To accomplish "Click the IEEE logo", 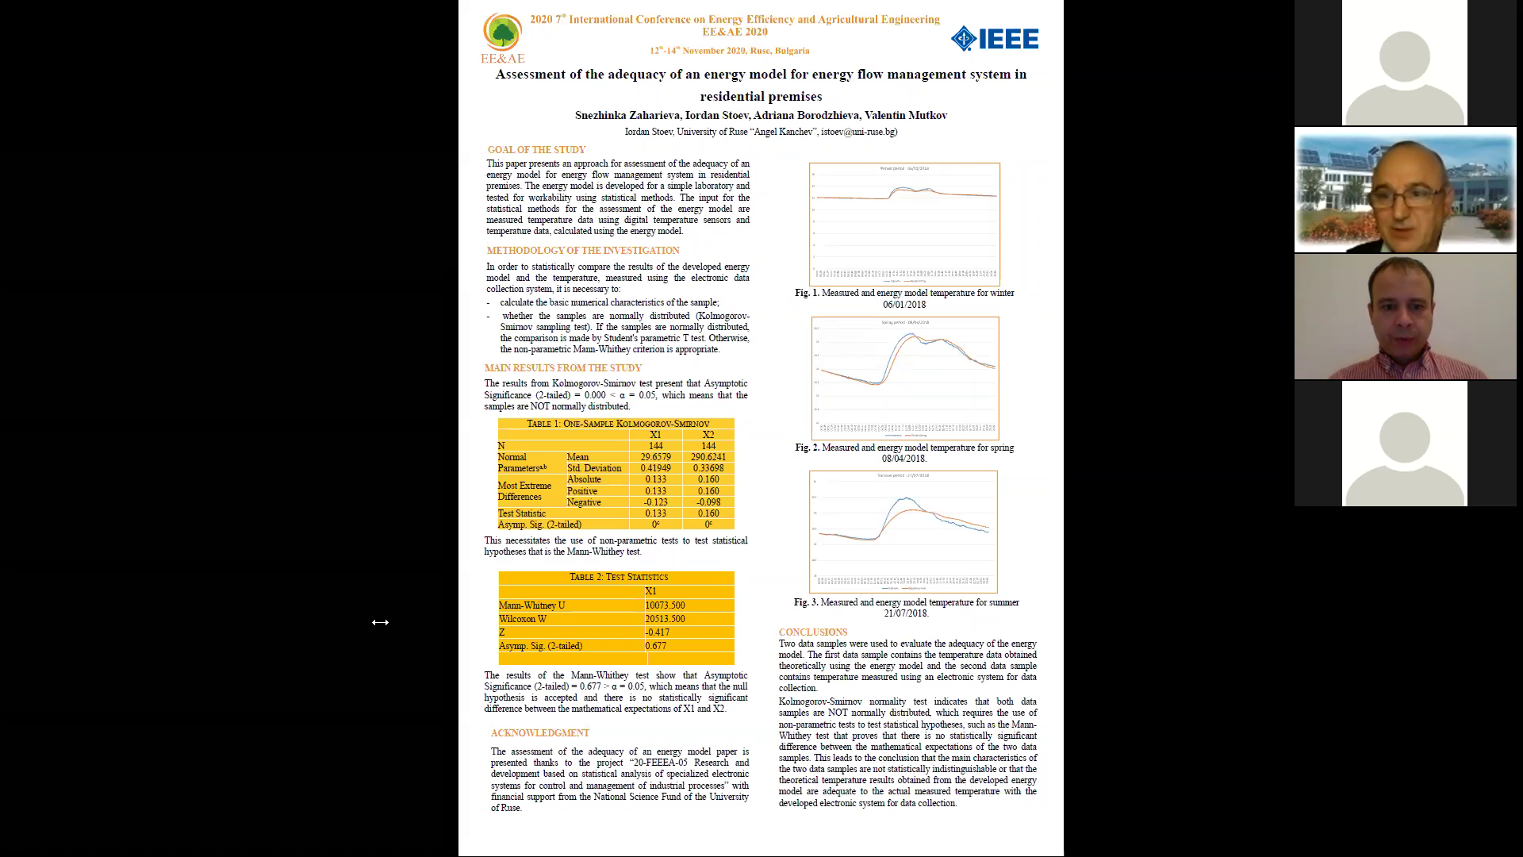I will coord(995,39).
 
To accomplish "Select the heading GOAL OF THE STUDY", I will coord(536,150).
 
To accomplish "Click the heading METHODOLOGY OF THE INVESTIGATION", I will coord(583,251).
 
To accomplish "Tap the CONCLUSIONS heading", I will coord(812,632).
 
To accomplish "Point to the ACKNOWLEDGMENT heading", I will coord(539,733).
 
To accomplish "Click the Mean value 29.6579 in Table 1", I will coord(655,457).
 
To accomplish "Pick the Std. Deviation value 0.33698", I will coord(708,468).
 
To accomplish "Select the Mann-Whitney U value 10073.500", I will coord(665,605).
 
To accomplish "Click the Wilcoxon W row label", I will coord(523,619).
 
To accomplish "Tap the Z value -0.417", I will coord(657,632).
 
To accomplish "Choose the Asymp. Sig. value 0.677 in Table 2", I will coord(655,646).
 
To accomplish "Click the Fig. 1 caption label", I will coord(807,293).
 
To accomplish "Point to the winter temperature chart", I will coord(904,224).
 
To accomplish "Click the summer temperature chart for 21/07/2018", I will coord(903,532).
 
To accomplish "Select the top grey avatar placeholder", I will coord(1404,63).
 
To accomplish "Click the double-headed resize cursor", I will coord(380,622).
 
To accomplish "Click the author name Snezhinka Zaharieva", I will coord(627,116).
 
